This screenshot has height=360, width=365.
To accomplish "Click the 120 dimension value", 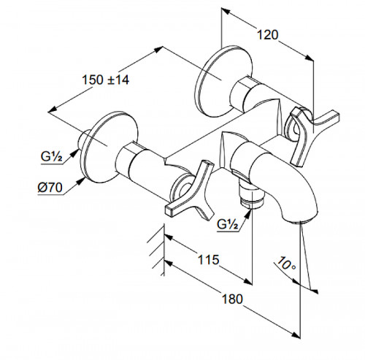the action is (x=267, y=35).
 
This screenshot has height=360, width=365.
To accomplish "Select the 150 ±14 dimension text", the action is (x=106, y=80).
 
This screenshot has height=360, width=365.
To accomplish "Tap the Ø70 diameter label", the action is (x=50, y=188).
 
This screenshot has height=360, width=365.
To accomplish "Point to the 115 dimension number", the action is (x=208, y=259).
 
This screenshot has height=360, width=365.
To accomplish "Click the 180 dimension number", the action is (x=232, y=299).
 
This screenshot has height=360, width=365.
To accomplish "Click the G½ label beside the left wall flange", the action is (x=52, y=157).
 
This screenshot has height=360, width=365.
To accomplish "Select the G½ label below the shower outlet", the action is (x=228, y=224).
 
